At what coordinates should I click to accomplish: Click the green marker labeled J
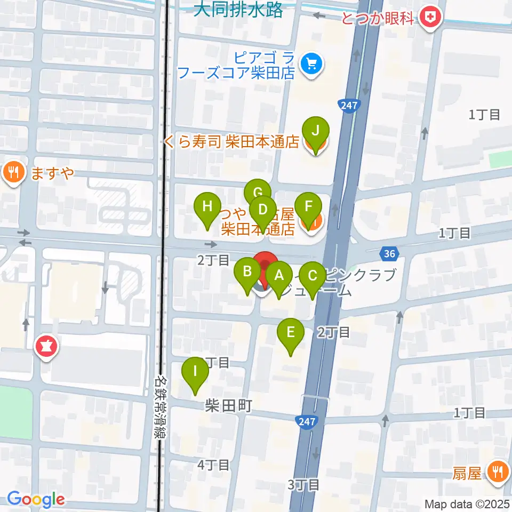pos(316,130)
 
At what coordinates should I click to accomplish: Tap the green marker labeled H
pos(208,206)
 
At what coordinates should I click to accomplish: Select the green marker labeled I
pos(196,371)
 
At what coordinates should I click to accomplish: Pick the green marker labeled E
pos(291,333)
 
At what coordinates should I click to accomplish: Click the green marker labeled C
pos(312,276)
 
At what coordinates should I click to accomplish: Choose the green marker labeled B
pos(247,271)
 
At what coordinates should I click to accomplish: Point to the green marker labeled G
pos(258,193)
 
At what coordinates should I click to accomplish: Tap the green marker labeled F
pos(308,206)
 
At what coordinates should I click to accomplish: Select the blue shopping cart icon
pos(310,65)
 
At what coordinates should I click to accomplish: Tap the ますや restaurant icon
pos(12,172)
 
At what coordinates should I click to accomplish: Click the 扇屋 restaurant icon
pos(498,471)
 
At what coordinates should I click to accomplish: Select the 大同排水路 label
pos(238,10)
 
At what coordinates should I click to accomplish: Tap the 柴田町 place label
pos(228,406)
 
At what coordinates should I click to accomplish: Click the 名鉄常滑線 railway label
pos(159,407)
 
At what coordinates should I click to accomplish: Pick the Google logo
pos(36,500)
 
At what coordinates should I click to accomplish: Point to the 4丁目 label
pos(213,465)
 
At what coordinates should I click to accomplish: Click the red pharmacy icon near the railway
pos(47,347)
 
